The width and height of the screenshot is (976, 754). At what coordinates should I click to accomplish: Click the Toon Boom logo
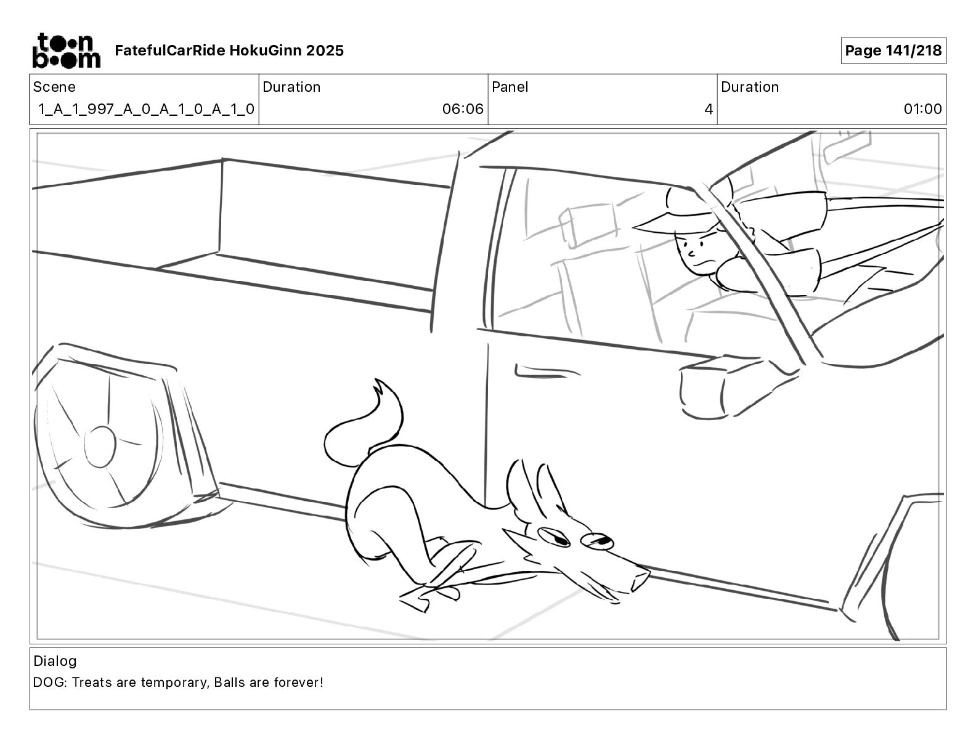[66, 51]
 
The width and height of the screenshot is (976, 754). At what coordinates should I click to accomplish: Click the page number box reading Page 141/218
[893, 51]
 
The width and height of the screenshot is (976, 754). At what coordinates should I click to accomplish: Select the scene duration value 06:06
[462, 110]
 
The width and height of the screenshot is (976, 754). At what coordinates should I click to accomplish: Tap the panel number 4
[708, 110]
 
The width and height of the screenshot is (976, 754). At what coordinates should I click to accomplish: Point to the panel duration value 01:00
[922, 110]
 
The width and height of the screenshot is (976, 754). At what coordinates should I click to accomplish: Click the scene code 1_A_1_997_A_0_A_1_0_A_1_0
[146, 110]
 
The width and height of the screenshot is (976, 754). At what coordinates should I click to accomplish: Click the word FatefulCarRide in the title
[169, 51]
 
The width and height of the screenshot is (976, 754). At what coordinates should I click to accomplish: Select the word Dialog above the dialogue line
[55, 661]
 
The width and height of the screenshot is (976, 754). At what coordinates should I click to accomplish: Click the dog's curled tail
[364, 425]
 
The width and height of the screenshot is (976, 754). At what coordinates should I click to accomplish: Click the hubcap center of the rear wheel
[100, 447]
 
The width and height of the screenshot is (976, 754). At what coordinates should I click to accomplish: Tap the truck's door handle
[535, 371]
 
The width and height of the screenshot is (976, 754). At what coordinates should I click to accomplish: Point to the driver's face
[696, 253]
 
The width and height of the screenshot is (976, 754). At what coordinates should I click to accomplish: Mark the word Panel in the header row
[510, 87]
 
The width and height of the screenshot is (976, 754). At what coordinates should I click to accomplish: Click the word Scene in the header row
[54, 87]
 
